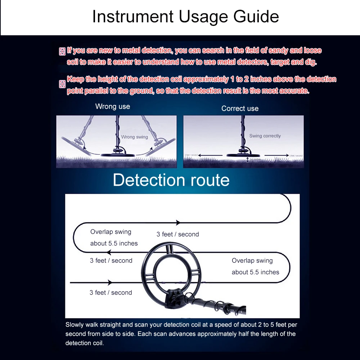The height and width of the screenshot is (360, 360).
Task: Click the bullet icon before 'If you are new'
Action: click(62, 51)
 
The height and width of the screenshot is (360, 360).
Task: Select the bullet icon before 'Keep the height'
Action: click(62, 84)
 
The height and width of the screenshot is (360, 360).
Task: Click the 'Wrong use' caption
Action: click(113, 107)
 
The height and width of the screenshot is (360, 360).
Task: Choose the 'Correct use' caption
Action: click(240, 108)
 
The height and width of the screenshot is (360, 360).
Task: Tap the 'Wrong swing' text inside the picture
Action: click(134, 137)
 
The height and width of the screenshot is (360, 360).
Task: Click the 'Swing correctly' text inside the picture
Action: click(265, 136)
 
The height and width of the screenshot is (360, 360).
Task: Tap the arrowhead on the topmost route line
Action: click(177, 223)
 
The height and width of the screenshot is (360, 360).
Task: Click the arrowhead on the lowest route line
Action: click(110, 283)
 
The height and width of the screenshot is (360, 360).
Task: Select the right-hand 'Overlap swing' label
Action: click(252, 261)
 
